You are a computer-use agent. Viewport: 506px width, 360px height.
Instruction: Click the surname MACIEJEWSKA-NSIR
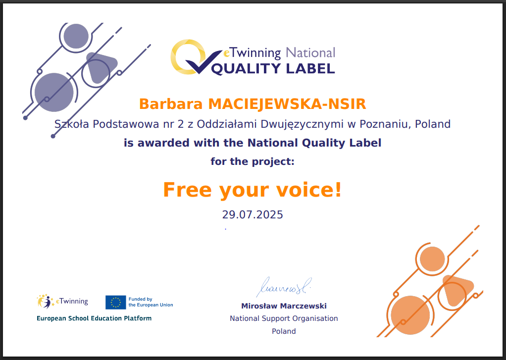coord(287,104)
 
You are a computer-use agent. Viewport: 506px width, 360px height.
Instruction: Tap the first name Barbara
coord(171,104)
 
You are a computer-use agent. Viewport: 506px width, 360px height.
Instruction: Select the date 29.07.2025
coord(253,214)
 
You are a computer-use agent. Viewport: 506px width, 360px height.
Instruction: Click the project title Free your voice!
coord(253,190)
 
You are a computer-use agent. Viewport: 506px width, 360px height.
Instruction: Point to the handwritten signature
coord(284,286)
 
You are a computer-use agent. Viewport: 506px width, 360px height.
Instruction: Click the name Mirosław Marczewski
coord(284,306)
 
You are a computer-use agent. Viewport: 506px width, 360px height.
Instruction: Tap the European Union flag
coord(115,302)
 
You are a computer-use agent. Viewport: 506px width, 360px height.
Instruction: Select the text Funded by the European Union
coord(151,302)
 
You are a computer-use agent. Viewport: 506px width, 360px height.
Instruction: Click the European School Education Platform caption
coord(94,318)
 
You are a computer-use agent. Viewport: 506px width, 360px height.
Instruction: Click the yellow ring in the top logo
coord(188,56)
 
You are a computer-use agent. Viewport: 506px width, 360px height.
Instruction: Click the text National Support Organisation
coord(284,318)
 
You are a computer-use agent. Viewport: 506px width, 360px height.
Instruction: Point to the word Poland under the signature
coord(284,331)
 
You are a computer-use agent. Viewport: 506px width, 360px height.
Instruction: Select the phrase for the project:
coord(253,161)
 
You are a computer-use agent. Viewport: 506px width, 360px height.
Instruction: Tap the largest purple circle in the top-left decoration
coord(54,92)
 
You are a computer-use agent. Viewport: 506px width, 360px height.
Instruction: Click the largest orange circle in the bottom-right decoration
coord(410,315)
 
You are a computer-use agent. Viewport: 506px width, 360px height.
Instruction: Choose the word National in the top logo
coord(310,52)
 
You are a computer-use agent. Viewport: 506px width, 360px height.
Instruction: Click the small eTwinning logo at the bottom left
coord(62,301)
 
